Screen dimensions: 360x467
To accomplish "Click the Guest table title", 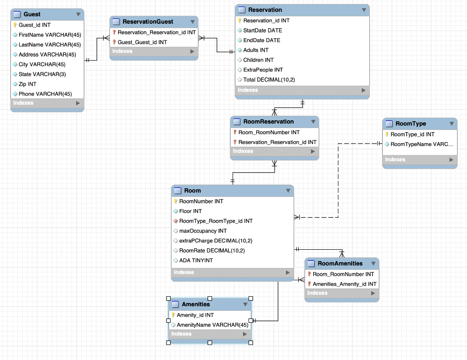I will [x=32, y=14].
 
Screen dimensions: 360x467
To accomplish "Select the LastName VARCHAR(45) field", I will [x=49, y=45].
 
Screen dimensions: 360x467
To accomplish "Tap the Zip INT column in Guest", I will [x=27, y=84].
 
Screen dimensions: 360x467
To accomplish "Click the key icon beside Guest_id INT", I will [x=15, y=25].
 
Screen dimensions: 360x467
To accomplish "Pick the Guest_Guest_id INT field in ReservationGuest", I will [x=142, y=42].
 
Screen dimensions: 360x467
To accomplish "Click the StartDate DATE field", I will [x=262, y=31].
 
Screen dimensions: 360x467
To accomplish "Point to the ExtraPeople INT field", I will [x=263, y=70].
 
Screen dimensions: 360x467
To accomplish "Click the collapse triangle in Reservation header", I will [x=363, y=10].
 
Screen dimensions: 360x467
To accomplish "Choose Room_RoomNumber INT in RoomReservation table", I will [x=269, y=132].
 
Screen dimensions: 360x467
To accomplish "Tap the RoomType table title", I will [x=410, y=123].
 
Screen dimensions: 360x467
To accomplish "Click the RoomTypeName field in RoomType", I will [x=422, y=144].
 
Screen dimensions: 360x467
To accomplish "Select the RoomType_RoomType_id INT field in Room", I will [x=216, y=221].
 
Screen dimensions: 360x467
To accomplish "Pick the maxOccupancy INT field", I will [x=203, y=231].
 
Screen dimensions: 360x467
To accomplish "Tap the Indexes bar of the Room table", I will [x=232, y=273].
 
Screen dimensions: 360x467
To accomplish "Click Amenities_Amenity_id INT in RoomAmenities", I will [x=344, y=284].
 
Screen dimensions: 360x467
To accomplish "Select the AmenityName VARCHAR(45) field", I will [x=213, y=325].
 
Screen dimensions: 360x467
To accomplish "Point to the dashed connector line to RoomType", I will [x=338, y=182].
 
